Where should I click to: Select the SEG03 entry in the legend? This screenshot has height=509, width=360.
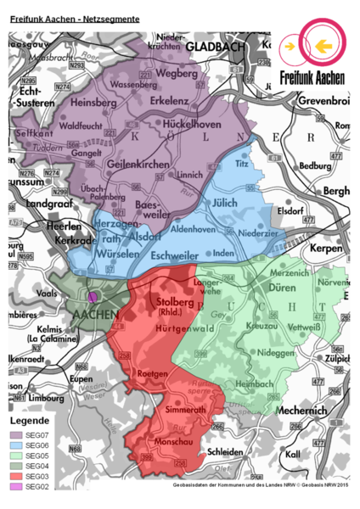[x=33, y=476]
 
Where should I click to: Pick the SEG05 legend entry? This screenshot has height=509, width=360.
[x=33, y=454]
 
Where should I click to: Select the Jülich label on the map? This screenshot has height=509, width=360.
[x=223, y=202]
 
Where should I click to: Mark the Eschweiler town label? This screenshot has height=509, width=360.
[x=175, y=253]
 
